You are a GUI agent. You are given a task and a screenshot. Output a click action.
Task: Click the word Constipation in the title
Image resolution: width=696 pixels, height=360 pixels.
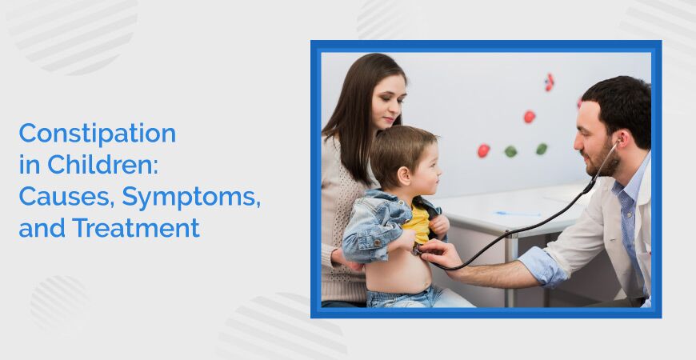[x=98, y=133]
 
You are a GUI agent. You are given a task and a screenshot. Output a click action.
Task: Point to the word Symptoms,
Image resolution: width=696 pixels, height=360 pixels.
[x=191, y=198]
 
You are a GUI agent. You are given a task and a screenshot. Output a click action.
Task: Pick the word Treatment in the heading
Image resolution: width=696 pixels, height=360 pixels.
[x=136, y=228]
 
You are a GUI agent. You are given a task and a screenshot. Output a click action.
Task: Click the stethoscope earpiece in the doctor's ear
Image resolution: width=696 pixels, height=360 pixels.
[x=618, y=143]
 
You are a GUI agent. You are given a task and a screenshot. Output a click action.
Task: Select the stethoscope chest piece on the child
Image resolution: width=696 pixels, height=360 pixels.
[x=418, y=249]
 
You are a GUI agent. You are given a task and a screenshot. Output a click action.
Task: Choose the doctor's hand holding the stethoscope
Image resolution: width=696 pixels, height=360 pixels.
[x=440, y=254]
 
